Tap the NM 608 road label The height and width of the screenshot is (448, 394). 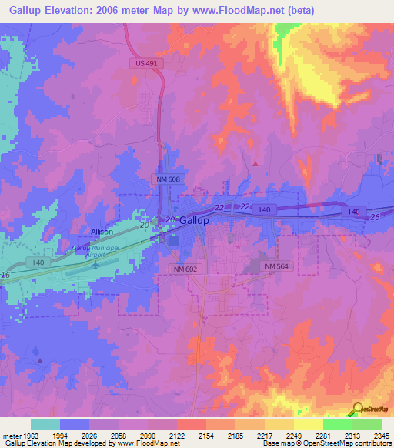[165, 179]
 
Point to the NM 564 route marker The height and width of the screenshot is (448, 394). [278, 266]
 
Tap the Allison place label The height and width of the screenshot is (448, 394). [102, 232]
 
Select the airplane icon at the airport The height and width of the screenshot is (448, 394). [95, 264]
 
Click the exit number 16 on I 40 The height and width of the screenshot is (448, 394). [5, 275]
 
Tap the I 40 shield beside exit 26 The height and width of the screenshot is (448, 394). [354, 211]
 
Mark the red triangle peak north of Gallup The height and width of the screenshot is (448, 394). [255, 163]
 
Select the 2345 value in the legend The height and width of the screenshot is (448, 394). [381, 437]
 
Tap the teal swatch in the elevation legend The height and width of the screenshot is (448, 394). [45, 424]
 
